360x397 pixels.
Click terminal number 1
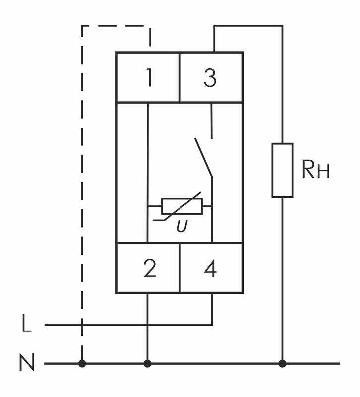(148, 78)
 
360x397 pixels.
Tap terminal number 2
(149, 268)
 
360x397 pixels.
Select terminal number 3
(210, 78)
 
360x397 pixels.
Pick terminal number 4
(211, 268)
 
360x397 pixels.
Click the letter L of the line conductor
(27, 325)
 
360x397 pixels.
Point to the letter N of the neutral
(27, 363)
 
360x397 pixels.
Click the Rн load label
(315, 170)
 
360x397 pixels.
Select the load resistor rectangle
(282, 170)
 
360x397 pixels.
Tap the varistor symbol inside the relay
(182, 206)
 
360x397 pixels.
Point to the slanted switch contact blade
(203, 158)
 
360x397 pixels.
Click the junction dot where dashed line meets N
(82, 364)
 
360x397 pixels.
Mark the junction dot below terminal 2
(147, 364)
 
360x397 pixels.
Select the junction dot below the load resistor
(282, 364)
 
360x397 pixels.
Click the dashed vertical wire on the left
(82, 198)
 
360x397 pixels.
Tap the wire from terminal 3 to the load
(248, 26)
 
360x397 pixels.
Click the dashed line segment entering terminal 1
(150, 37)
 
